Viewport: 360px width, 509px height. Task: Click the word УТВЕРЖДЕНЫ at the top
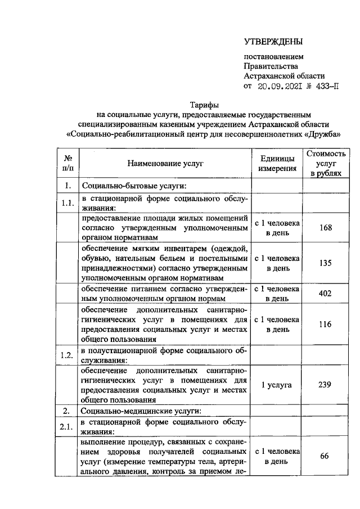coord(273,42)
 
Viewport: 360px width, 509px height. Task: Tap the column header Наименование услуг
coord(165,164)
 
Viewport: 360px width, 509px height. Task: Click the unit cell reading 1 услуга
coord(276,385)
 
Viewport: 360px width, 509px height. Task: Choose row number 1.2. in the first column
coord(67,355)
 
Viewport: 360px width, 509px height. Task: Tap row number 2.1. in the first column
coord(67,426)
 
